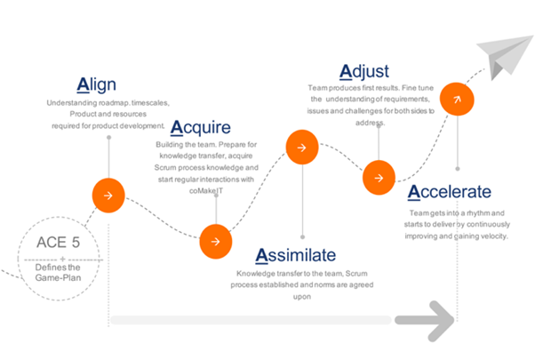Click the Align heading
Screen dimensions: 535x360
[97, 85]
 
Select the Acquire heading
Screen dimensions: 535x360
[201, 128]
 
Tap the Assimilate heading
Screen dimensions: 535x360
[296, 255]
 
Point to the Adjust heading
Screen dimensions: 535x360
[364, 72]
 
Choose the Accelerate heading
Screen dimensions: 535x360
[450, 192]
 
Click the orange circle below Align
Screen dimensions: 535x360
[108, 196]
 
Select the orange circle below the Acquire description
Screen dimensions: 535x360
[216, 242]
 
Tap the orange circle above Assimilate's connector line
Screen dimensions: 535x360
[302, 147]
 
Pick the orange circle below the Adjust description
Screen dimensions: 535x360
[379, 178]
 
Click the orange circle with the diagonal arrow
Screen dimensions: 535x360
[457, 100]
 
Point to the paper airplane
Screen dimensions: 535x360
[504, 56]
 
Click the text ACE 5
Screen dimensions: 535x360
[59, 243]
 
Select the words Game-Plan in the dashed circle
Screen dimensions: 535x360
[59, 277]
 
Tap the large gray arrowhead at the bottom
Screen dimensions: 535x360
[430, 321]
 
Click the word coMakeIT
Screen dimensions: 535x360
[206, 191]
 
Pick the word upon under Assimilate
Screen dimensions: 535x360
[302, 297]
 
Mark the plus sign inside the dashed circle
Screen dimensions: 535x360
[62, 260]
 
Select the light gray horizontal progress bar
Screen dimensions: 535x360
[251, 320]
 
